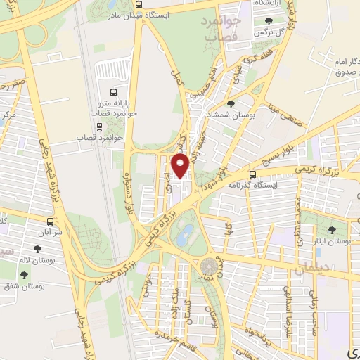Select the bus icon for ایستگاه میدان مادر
[137, 4]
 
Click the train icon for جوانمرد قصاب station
[98, 127]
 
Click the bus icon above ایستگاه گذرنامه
[254, 174]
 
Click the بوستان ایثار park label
[333, 240]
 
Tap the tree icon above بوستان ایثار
[333, 229]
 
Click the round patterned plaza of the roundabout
[210, 266]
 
